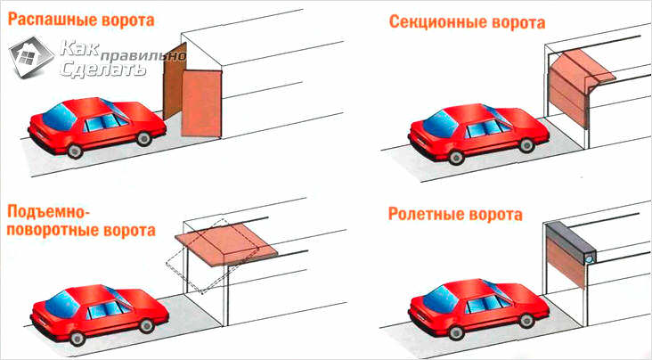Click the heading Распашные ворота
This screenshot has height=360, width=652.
coord(81,20)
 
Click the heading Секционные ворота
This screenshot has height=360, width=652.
coord(467,22)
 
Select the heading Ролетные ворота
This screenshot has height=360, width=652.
coord(455,215)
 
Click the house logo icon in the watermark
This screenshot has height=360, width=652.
coord(31,57)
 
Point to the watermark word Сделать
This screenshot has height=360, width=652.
coord(102,70)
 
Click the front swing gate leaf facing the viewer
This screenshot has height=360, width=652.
coord(201,103)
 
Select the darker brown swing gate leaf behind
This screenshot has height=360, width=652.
coord(174,82)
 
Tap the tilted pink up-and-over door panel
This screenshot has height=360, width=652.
coord(226,244)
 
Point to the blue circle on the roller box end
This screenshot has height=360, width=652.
coord(589,259)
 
